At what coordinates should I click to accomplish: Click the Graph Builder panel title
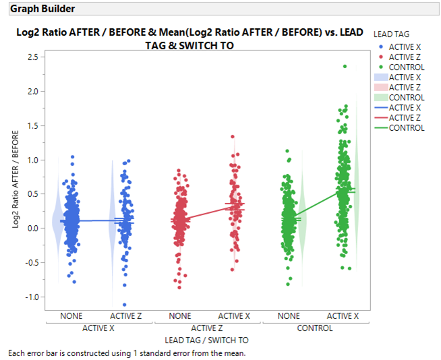[x=42, y=9]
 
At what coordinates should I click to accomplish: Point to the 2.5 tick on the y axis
[x=32, y=57]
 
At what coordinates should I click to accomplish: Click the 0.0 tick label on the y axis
[x=32, y=229]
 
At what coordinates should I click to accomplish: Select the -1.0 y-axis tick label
[x=30, y=297]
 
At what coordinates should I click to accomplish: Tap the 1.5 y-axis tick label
[x=32, y=125]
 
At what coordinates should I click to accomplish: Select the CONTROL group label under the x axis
[x=314, y=328]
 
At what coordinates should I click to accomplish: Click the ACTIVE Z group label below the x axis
[x=207, y=328]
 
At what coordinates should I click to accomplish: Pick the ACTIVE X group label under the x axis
[x=99, y=328]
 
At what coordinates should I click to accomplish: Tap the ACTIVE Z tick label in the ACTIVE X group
[x=126, y=316]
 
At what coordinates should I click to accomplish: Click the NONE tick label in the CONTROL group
[x=288, y=316]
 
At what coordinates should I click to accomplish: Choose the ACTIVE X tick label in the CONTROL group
[x=343, y=316]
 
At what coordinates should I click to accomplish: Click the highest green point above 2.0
[x=345, y=66]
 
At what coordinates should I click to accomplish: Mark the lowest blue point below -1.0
[x=125, y=305]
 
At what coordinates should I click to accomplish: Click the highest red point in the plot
[x=233, y=137]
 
